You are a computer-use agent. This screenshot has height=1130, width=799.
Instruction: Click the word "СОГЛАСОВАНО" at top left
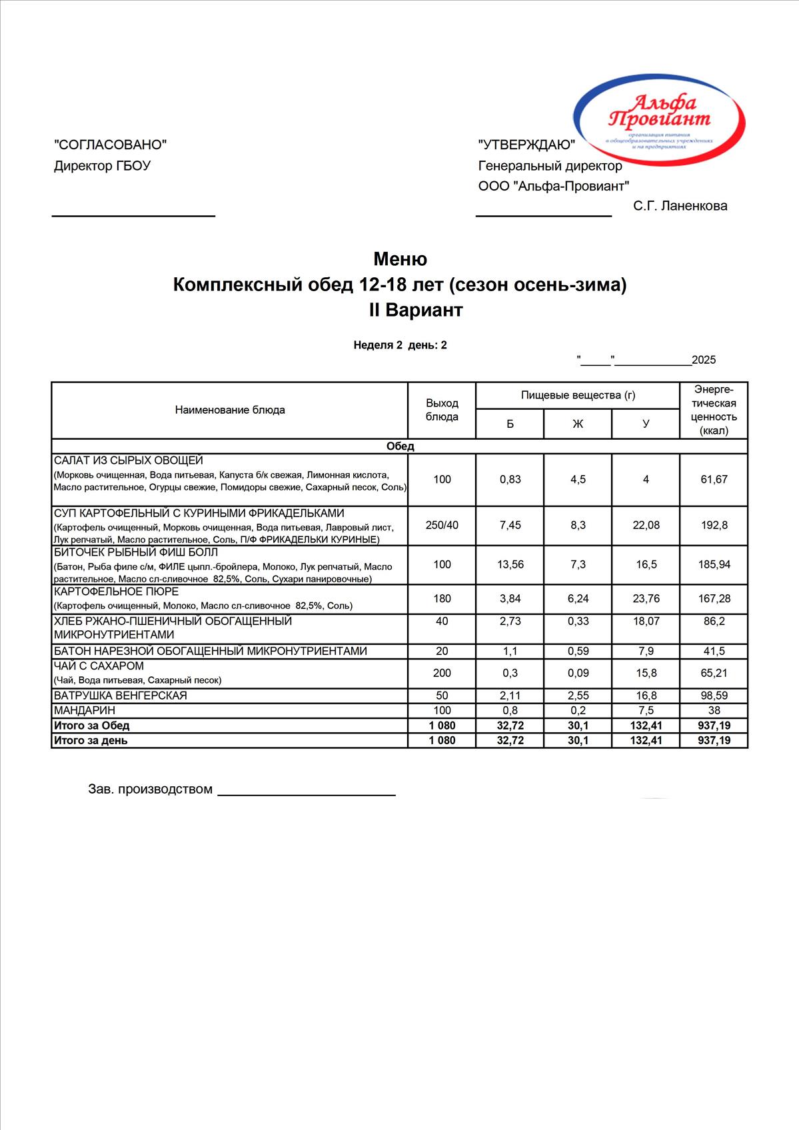pyautogui.click(x=110, y=145)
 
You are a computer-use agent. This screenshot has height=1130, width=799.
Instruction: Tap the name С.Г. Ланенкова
pyautogui.click(x=680, y=206)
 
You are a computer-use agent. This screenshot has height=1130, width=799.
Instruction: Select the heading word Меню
pyautogui.click(x=400, y=259)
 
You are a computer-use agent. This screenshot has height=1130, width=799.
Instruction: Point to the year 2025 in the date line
pyautogui.click(x=704, y=360)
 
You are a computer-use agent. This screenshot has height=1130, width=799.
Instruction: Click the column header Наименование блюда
pyautogui.click(x=230, y=410)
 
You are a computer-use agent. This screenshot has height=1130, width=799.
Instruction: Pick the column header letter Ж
pyautogui.click(x=578, y=424)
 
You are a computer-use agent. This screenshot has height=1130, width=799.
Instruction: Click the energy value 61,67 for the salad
pyautogui.click(x=714, y=479)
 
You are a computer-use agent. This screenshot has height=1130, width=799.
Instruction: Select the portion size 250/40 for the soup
pyautogui.click(x=442, y=525)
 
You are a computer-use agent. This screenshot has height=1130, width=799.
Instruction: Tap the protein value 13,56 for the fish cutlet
pyautogui.click(x=510, y=564)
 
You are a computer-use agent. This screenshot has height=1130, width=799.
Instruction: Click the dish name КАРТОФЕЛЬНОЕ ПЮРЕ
pyautogui.click(x=116, y=592)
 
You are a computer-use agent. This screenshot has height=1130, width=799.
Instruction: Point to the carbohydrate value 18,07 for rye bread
pyautogui.click(x=646, y=621)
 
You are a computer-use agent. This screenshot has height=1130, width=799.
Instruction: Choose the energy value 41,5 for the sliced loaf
pyautogui.click(x=714, y=651)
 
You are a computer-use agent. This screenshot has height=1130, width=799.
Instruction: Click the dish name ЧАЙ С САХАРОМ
pyautogui.click(x=99, y=666)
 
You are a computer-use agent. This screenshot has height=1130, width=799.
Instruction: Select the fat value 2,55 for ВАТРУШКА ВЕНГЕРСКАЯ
pyautogui.click(x=578, y=696)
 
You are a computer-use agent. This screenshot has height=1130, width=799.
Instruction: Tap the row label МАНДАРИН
pyautogui.click(x=85, y=710)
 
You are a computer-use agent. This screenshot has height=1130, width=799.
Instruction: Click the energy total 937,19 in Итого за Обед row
pyautogui.click(x=714, y=725)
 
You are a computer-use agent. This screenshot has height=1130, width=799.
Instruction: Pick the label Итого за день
pyautogui.click(x=91, y=740)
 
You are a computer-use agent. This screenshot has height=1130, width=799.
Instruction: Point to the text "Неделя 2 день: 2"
pyautogui.click(x=400, y=345)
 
